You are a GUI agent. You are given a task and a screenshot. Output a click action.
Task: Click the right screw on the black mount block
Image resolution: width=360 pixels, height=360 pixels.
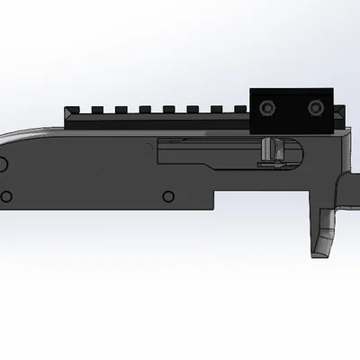pyautogui.click(x=314, y=108)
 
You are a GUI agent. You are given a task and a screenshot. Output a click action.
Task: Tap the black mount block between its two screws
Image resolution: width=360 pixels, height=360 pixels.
pyautogui.click(x=290, y=108)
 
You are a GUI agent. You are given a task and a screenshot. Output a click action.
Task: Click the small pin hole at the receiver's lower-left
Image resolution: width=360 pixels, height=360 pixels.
pyautogui.click(x=7, y=195)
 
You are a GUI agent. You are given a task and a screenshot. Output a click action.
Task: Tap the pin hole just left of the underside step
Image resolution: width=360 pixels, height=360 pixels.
pyautogui.click(x=165, y=195)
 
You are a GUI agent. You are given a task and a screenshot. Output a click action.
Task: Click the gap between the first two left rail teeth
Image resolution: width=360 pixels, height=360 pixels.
pyautogui.click(x=84, y=111)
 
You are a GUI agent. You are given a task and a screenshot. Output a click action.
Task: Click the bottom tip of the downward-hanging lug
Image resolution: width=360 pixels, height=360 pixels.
pyautogui.click(x=321, y=253)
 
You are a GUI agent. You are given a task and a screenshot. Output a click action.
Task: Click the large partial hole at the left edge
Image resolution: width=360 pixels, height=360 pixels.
pyautogui.click(x=3, y=163)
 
